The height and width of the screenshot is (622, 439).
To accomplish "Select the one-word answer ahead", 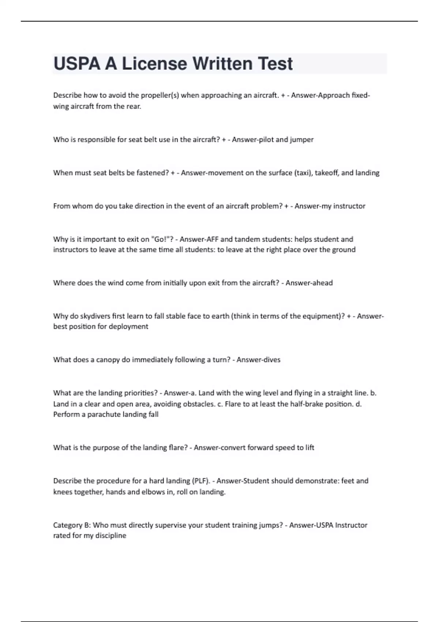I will [320, 283].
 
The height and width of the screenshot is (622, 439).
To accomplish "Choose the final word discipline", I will [110, 536].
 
